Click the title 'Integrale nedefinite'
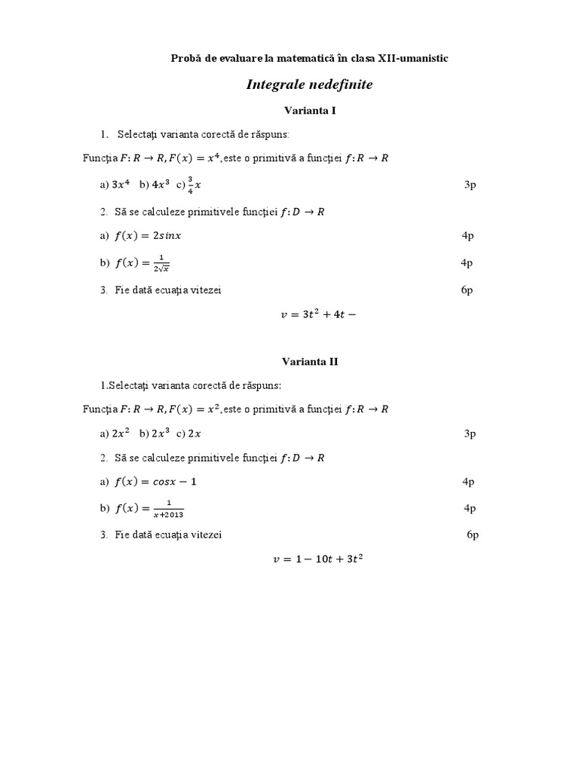pyautogui.click(x=309, y=85)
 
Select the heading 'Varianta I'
pyautogui.click(x=309, y=110)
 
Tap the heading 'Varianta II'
pyautogui.click(x=309, y=361)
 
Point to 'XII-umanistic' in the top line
pyautogui.click(x=417, y=58)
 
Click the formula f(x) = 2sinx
pyautogui.click(x=148, y=236)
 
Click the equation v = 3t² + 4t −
pyautogui.click(x=317, y=315)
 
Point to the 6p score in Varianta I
pyautogui.click(x=467, y=290)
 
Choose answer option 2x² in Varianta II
pyautogui.click(x=121, y=433)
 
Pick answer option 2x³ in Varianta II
pyautogui.click(x=160, y=433)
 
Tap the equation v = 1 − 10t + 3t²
pyautogui.click(x=317, y=559)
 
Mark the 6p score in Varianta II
pyautogui.click(x=473, y=535)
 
